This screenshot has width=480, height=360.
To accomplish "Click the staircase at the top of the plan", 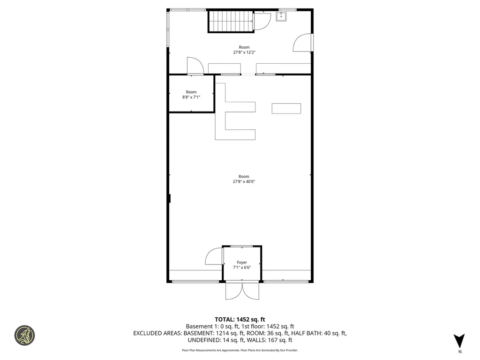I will [230, 21].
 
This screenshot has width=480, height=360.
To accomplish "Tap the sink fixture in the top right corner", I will [282, 17].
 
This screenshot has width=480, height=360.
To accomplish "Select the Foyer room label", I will [241, 262].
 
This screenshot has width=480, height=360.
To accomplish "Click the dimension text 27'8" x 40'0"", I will [244, 181].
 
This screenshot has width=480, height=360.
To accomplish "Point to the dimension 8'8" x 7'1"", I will [191, 97].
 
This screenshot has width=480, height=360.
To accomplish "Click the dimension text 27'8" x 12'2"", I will [244, 52].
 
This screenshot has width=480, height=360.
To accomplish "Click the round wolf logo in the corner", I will [24, 335].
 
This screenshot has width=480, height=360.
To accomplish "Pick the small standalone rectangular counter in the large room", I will [286, 108].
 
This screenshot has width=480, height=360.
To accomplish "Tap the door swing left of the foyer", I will [214, 256].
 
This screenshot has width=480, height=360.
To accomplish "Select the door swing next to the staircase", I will [262, 21].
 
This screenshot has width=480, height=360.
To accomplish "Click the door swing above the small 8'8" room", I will [194, 66].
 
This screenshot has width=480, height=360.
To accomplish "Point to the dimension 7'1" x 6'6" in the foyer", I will [241, 268].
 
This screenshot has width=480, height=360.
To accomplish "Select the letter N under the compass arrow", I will [459, 352].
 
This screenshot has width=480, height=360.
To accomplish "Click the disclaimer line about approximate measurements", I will [240, 350].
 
